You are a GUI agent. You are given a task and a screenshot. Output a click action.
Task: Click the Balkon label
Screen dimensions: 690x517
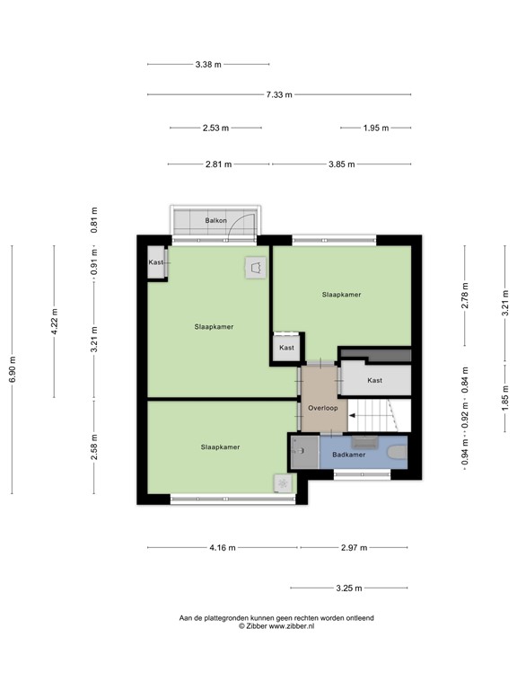(x=215, y=220)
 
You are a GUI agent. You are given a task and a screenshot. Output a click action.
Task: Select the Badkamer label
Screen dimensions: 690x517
(x=348, y=455)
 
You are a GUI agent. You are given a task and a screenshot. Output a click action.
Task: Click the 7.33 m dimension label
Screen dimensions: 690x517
(x=279, y=94)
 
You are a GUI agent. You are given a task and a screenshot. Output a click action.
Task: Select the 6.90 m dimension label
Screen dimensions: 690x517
(x=12, y=368)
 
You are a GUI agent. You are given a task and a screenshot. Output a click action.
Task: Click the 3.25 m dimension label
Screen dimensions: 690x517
(x=348, y=588)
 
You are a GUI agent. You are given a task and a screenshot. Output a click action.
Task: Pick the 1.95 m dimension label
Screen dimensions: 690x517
(x=375, y=128)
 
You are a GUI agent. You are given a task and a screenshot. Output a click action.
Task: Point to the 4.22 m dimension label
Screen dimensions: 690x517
(x=54, y=322)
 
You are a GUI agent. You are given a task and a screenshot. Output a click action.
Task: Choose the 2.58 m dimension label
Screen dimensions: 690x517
(x=94, y=447)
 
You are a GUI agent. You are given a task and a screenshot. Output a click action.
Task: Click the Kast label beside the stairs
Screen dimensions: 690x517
(x=374, y=380)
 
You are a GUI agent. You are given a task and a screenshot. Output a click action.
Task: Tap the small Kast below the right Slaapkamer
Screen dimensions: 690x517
(x=286, y=348)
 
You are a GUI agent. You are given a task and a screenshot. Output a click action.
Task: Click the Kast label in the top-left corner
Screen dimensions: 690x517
(x=156, y=262)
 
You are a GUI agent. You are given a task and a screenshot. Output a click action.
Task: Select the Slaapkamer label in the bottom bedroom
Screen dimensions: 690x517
(x=220, y=447)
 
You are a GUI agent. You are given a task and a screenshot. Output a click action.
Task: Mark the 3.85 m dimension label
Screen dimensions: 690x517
(x=341, y=164)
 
